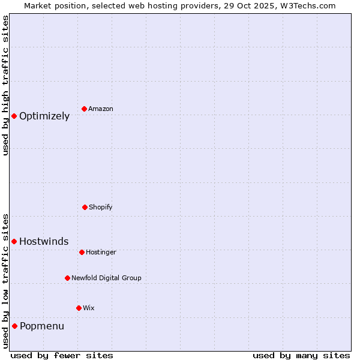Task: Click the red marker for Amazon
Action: click(x=85, y=109)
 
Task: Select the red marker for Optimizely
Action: click(x=14, y=116)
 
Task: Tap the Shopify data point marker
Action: click(x=85, y=207)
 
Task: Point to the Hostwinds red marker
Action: click(x=14, y=241)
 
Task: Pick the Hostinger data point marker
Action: click(x=82, y=252)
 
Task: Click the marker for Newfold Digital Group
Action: click(x=67, y=278)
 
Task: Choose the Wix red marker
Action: click(x=79, y=308)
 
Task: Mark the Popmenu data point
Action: click(x=14, y=326)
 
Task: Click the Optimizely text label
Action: click(x=44, y=116)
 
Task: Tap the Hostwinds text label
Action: click(x=44, y=242)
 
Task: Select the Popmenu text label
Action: click(x=42, y=326)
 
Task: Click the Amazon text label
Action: click(x=101, y=109)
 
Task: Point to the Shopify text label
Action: click(x=101, y=208)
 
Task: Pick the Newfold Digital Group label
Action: click(x=106, y=278)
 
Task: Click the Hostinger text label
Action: click(x=101, y=253)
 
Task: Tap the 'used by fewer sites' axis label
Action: click(x=62, y=355)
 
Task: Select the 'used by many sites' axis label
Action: click(x=301, y=355)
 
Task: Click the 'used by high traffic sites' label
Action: click(x=5, y=85)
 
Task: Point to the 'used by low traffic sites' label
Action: click(x=5, y=281)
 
